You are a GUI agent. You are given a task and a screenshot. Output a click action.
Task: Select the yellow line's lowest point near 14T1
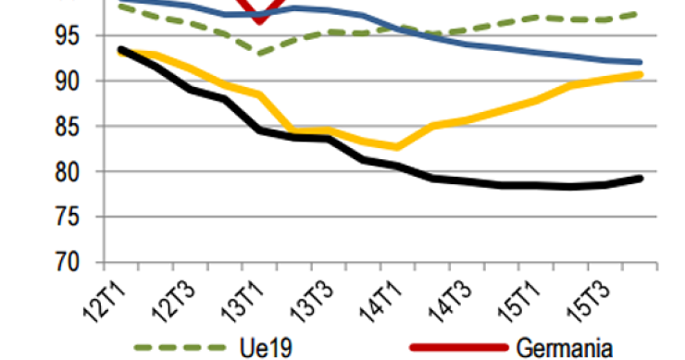398,146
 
